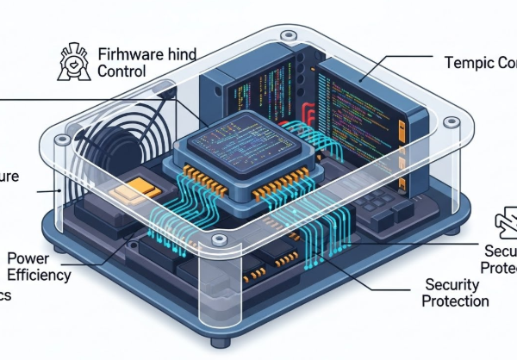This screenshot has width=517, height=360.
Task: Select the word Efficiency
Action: pyautogui.click(x=39, y=276)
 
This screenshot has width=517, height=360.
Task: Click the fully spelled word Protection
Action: pyautogui.click(x=457, y=301)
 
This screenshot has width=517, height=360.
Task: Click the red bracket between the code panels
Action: pyautogui.click(x=309, y=113)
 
